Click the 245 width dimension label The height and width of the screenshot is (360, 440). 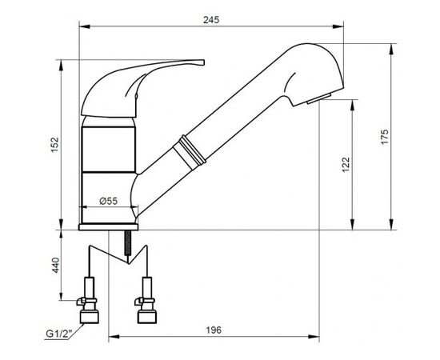click(x=211, y=20)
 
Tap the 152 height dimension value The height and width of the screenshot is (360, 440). click(x=54, y=145)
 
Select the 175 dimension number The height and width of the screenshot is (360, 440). click(x=385, y=137)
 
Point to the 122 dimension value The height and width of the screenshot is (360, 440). click(x=346, y=165)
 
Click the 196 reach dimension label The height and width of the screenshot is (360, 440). click(x=214, y=330)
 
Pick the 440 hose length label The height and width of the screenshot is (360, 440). click(x=55, y=265)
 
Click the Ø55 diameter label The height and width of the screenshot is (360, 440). click(x=109, y=201)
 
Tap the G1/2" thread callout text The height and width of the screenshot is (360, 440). click(x=59, y=334)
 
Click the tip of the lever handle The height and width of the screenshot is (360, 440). click(x=203, y=62)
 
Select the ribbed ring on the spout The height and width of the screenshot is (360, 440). click(x=190, y=152)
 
